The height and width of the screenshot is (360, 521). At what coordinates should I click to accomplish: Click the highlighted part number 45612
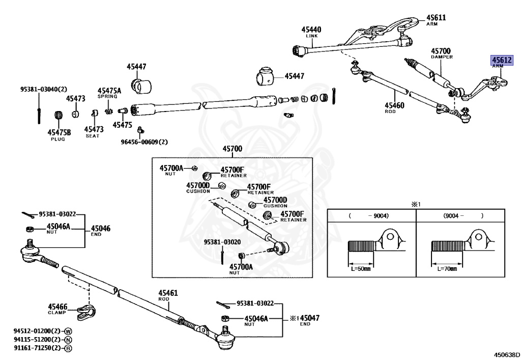point(502,60)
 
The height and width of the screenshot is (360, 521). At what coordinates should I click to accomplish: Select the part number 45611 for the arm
point(436,18)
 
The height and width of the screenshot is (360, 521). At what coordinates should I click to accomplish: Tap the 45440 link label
point(311,30)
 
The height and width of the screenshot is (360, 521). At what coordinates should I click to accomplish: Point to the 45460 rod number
point(394,105)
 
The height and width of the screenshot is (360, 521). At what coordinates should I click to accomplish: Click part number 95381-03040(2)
point(44,89)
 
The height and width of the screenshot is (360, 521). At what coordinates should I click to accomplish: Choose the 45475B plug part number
point(59,132)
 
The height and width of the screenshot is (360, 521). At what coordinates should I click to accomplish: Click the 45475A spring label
point(109,91)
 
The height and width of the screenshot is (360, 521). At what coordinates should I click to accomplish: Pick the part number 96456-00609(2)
point(144,142)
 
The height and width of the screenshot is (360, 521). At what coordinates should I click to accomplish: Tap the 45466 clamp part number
point(57,307)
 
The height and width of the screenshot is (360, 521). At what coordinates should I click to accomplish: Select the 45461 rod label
point(168,293)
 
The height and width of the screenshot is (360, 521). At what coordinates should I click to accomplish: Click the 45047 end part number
point(310,318)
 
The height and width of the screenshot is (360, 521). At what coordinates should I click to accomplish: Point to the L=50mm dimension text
point(361,268)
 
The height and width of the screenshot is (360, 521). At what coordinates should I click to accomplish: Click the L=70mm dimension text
point(447,268)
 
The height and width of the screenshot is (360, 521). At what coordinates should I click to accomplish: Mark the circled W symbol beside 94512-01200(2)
point(68,331)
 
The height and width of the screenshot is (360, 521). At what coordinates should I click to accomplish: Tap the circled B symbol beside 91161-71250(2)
point(68,348)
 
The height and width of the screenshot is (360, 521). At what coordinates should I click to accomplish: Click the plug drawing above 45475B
point(59,116)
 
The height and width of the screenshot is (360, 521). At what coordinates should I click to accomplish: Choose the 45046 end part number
point(101,228)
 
